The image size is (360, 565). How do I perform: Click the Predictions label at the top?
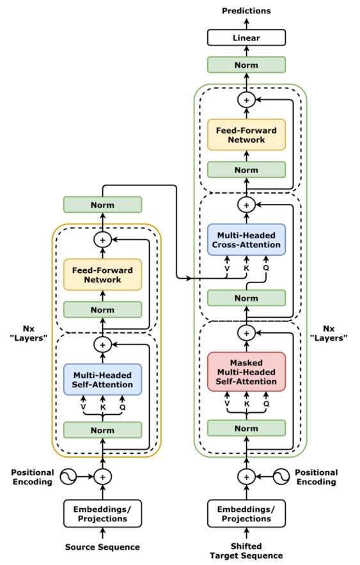pos(246,11)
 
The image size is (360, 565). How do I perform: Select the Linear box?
pos(246,38)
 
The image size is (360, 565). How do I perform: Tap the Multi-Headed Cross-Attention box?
pos(246,240)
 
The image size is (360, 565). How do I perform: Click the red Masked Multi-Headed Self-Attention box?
pos(246,371)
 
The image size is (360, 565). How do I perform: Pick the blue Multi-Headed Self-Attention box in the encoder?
pos(102,380)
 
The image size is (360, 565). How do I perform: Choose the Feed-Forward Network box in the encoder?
pos(102,275)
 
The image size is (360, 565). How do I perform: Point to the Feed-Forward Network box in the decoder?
pos(246,135)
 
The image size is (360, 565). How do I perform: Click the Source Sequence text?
pos(102,547)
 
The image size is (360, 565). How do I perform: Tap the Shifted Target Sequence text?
pos(246,552)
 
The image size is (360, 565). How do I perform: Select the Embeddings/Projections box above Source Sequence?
pos(102,514)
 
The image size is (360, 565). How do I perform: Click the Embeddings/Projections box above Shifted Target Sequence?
pos(246,514)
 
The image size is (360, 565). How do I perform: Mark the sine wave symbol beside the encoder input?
pos(68,477)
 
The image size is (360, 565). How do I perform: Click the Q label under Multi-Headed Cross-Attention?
pos(266,268)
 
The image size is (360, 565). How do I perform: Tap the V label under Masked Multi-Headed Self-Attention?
pos(226,404)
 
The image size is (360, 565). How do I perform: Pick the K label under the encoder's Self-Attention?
pos(102,406)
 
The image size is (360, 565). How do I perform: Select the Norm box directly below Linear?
pos(246,65)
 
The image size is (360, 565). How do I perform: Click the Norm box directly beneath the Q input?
pos(246,298)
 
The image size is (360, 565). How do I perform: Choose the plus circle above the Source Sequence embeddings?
pos(102,477)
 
